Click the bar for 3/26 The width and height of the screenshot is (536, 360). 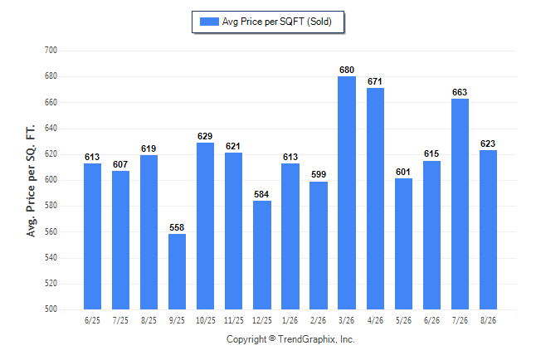tap(347, 192)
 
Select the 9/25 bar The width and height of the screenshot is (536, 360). tap(177, 272)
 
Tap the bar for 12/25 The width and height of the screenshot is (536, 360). tap(262, 255)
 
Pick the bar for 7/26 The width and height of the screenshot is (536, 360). tap(460, 204)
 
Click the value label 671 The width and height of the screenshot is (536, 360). tap(375, 81)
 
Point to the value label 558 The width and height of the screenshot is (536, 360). tap(177, 227)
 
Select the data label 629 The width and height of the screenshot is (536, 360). tap(205, 136)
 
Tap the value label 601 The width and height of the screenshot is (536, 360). tap(403, 172)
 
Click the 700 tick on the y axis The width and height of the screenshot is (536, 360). tap(51, 51)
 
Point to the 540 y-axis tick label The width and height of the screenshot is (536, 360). tap(51, 257)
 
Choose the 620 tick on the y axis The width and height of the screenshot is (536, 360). tap(51, 153)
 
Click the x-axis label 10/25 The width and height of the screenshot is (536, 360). tap(206, 320)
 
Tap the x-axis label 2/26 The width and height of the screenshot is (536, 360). tap(319, 320)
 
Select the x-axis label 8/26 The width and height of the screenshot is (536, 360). tap(488, 320)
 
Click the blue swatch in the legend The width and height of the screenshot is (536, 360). tap(209, 22)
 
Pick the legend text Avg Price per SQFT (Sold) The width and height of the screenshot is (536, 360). tap(277, 22)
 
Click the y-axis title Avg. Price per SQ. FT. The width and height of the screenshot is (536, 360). tap(31, 181)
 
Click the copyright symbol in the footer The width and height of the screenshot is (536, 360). tap(272, 338)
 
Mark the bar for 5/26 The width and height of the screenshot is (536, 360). tap(404, 244)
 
